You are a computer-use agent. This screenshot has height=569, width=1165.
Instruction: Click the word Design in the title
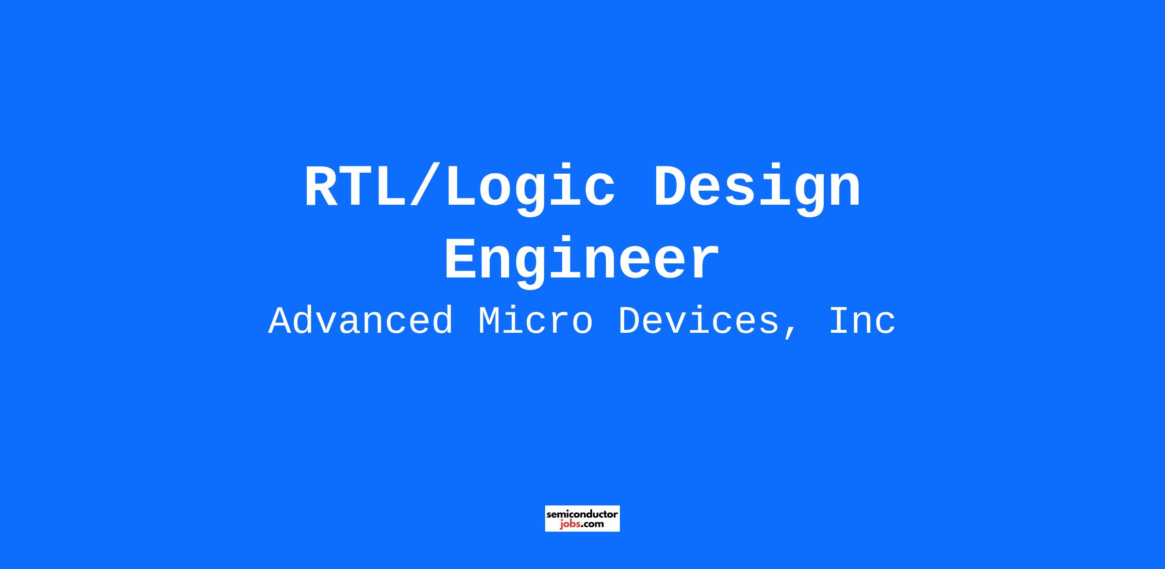[757, 189]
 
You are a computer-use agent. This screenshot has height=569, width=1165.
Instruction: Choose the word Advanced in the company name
[361, 321]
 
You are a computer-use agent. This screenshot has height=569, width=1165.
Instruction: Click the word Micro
[535, 321]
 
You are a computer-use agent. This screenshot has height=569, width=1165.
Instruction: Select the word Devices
[698, 321]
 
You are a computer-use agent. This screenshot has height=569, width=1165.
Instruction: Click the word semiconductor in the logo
[582, 514]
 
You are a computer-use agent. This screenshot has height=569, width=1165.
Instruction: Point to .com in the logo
[593, 524]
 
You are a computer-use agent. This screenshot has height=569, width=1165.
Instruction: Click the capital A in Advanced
[283, 321]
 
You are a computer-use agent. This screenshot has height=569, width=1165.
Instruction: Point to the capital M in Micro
[493, 321]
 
